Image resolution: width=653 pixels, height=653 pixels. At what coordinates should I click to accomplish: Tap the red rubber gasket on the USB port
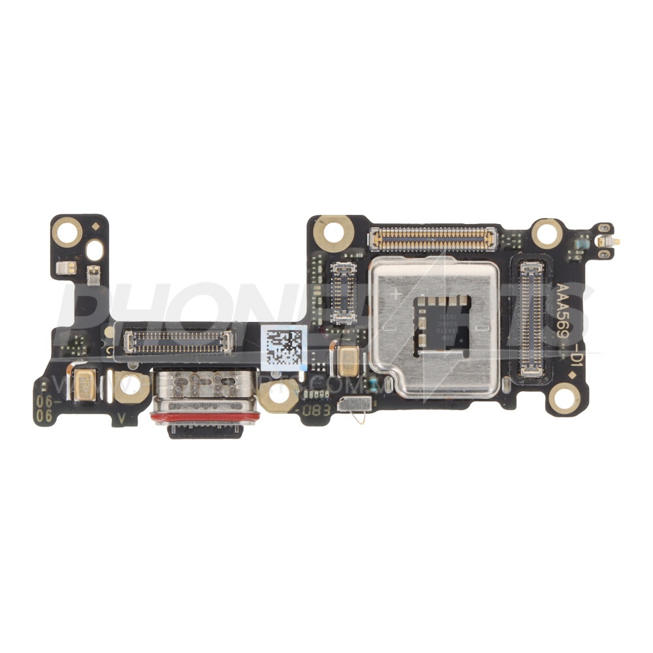[x=206, y=416]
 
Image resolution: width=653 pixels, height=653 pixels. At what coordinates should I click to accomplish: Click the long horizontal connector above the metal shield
[x=433, y=239]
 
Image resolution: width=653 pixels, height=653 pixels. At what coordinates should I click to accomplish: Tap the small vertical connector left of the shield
[x=343, y=293]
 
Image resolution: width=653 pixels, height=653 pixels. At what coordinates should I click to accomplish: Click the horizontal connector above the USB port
[x=178, y=338]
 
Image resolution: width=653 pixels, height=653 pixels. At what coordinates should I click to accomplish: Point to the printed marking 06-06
[x=44, y=407]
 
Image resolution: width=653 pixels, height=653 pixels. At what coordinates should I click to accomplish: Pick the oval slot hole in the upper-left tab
[x=95, y=249]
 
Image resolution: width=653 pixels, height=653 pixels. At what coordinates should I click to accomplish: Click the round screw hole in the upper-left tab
[x=67, y=230]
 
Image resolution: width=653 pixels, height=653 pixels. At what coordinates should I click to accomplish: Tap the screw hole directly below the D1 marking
[x=563, y=396]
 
